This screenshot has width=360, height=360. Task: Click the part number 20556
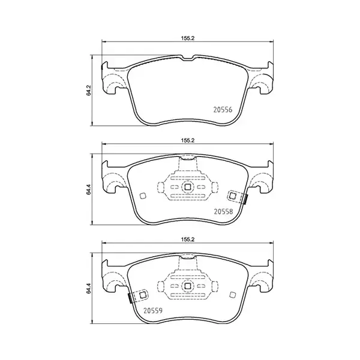tap(223, 110)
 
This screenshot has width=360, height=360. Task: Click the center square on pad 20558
tap(187, 187)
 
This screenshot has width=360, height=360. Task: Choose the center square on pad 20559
tap(187, 287)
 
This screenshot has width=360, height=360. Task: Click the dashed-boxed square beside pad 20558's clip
tap(233, 194)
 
